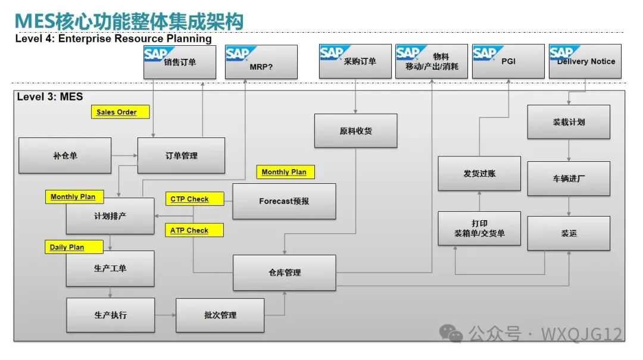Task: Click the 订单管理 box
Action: click(x=181, y=156)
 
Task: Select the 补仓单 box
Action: click(x=65, y=156)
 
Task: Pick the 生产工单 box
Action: click(x=110, y=268)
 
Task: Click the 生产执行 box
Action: click(x=110, y=315)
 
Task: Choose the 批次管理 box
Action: click(x=220, y=315)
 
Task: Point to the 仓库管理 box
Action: click(x=284, y=273)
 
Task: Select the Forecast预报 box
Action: click(x=284, y=201)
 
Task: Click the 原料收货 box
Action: click(x=355, y=131)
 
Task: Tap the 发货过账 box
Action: click(x=479, y=174)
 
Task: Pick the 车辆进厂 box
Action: click(x=569, y=179)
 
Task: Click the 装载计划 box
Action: click(x=569, y=122)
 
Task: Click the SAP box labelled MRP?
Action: click(x=261, y=62)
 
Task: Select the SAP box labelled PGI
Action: click(x=508, y=61)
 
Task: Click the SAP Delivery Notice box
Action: click(x=585, y=61)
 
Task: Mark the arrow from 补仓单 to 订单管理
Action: click(x=124, y=156)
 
